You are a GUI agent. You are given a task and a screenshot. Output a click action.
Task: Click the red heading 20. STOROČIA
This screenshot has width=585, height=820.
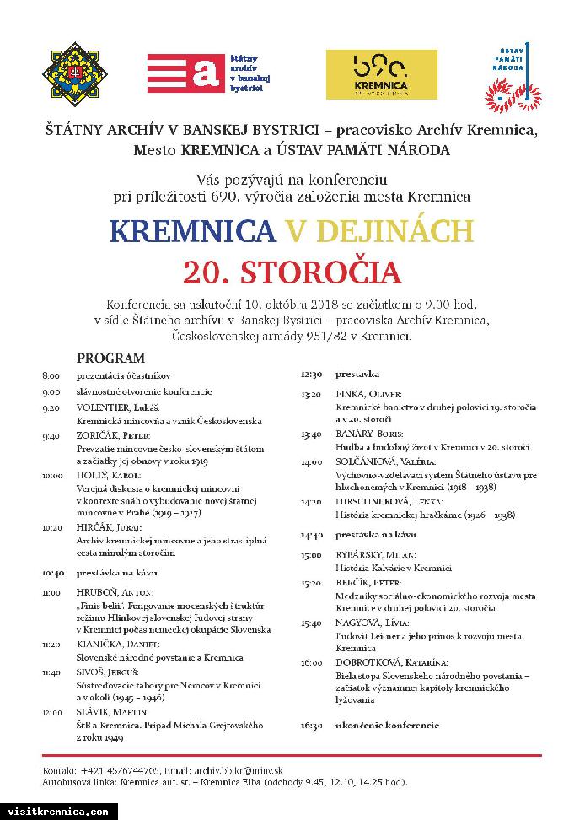coord(292,272)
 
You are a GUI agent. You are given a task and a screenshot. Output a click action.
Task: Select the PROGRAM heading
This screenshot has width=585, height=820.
coord(110,358)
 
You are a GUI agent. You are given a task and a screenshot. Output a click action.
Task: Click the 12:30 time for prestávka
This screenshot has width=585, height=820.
coord(311,374)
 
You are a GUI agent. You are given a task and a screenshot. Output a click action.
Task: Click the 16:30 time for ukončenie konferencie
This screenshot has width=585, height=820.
coord(311,726)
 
